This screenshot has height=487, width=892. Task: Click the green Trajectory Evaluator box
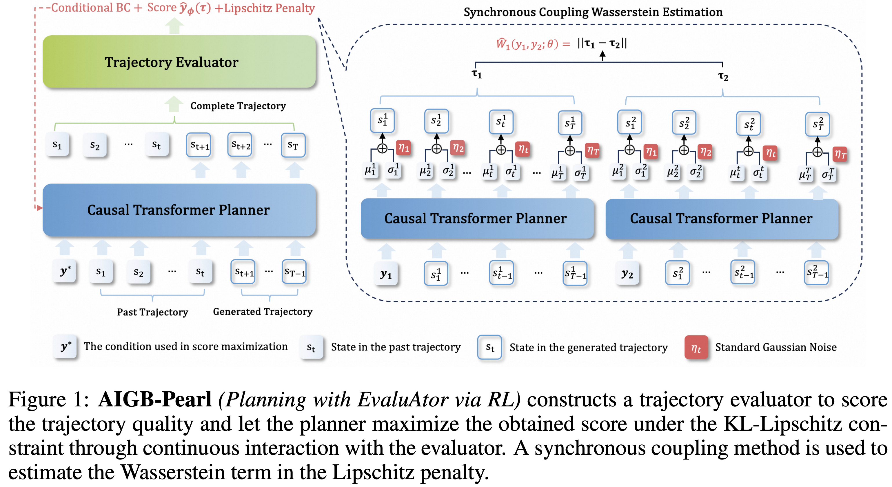pyautogui.click(x=179, y=62)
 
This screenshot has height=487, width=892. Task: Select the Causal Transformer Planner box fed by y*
pyautogui.click(x=179, y=210)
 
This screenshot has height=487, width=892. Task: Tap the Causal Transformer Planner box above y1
pyautogui.click(x=476, y=219)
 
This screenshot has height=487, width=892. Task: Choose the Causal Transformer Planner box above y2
pyautogui.click(x=722, y=219)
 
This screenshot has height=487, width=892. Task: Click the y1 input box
pyautogui.click(x=386, y=274)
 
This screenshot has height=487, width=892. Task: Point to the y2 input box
pyautogui.click(x=627, y=274)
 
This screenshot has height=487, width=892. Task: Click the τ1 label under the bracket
pyautogui.click(x=477, y=74)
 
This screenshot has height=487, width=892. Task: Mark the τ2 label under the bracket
pyautogui.click(x=723, y=76)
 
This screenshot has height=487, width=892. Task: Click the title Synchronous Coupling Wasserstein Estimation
pyautogui.click(x=593, y=12)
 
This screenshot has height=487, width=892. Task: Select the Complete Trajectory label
pyautogui.click(x=238, y=106)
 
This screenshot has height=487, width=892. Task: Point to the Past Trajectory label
pyautogui.click(x=152, y=312)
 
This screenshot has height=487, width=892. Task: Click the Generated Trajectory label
pyautogui.click(x=263, y=312)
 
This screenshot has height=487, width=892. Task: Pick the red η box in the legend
pyautogui.click(x=696, y=347)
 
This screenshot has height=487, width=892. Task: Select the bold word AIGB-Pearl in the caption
pyautogui.click(x=155, y=399)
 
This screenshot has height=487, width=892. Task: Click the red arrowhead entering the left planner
pyautogui.click(x=39, y=208)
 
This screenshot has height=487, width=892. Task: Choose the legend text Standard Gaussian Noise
pyautogui.click(x=776, y=347)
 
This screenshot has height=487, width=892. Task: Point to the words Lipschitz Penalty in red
pyautogui.click(x=270, y=8)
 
